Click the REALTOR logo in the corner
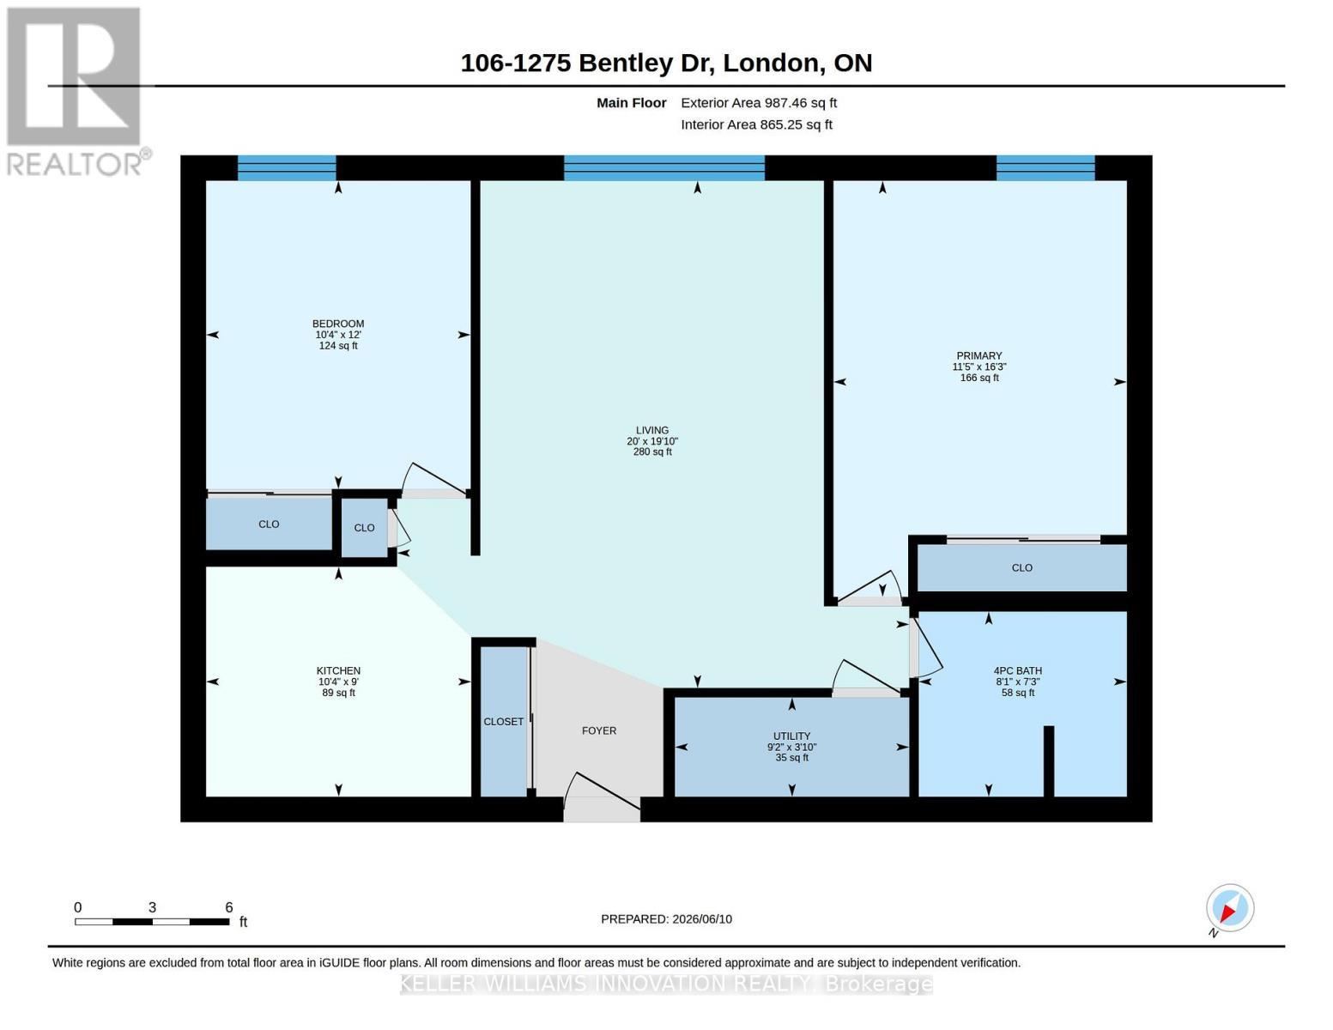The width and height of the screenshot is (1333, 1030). tap(76, 92)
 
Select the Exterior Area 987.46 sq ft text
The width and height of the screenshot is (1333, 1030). tap(759, 103)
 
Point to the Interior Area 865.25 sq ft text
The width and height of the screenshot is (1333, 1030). tap(756, 124)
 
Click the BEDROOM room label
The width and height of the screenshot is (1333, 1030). tap(338, 324)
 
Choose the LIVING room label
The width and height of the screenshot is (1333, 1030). tap(652, 430)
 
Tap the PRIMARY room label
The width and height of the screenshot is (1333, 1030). tap(979, 356)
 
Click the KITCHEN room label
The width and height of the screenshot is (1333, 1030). tap(338, 670)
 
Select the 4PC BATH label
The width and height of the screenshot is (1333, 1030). tap(1018, 670)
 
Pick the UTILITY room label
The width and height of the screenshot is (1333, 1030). tap(791, 736)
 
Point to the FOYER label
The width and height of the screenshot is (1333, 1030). tap(599, 730)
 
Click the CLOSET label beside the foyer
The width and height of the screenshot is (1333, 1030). tap(503, 722)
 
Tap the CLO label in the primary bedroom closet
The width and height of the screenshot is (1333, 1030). tap(1022, 567)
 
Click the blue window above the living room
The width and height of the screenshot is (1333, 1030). tap(663, 167)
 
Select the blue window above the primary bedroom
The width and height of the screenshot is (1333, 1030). tap(1045, 167)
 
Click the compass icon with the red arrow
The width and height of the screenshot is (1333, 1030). tap(1230, 909)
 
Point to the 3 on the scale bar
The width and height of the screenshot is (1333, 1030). tap(152, 907)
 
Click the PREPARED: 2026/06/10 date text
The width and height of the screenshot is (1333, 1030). tap(666, 919)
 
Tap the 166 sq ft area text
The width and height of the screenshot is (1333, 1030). tap(979, 378)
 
